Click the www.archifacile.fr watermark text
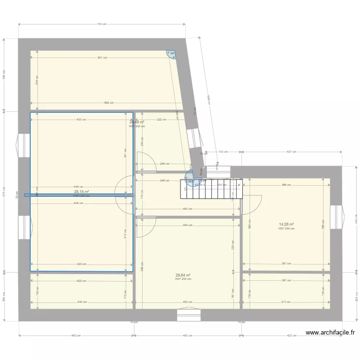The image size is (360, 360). coord(330,332)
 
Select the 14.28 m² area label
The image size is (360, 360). coord(287,224)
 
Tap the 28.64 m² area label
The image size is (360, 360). coord(183,275)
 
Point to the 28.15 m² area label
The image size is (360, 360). coord(81,192)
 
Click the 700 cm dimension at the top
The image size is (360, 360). coord(101,24)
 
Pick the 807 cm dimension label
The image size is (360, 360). coord(102,58)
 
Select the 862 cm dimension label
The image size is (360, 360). coord(109,103)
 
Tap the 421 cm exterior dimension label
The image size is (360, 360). coord(292,152)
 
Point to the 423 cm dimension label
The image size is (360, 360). coord(291,335)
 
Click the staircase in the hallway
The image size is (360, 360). coord(211,189)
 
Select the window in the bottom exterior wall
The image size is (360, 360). coord(189,315)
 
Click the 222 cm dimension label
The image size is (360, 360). coord(161,120)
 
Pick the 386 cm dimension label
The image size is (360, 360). coord(287,185)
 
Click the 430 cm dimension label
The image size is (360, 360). coord(81,120)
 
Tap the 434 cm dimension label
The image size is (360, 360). coord(81,302)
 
